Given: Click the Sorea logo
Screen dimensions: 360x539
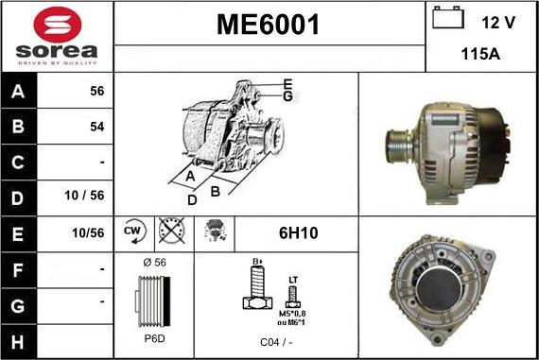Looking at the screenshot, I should [56, 36].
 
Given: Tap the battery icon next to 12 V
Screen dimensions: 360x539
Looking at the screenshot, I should [447, 19].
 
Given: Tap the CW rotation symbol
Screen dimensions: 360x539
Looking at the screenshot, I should [133, 231].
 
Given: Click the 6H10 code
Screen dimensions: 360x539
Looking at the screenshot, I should [296, 231].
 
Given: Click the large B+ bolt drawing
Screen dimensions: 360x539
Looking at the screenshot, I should [254, 289].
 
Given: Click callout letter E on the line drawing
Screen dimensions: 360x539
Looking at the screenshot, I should [287, 84].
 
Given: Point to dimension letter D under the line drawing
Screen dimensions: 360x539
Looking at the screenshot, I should [192, 199].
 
